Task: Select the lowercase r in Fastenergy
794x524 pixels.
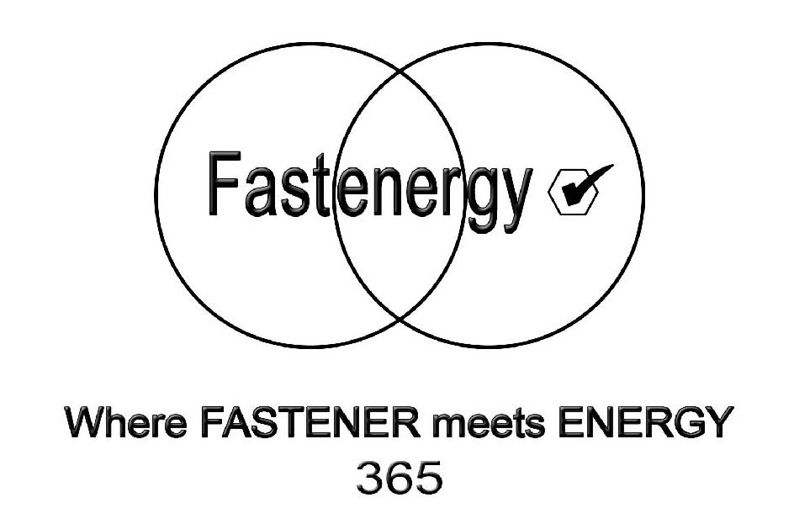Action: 449,188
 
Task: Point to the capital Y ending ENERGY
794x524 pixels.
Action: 712,422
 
